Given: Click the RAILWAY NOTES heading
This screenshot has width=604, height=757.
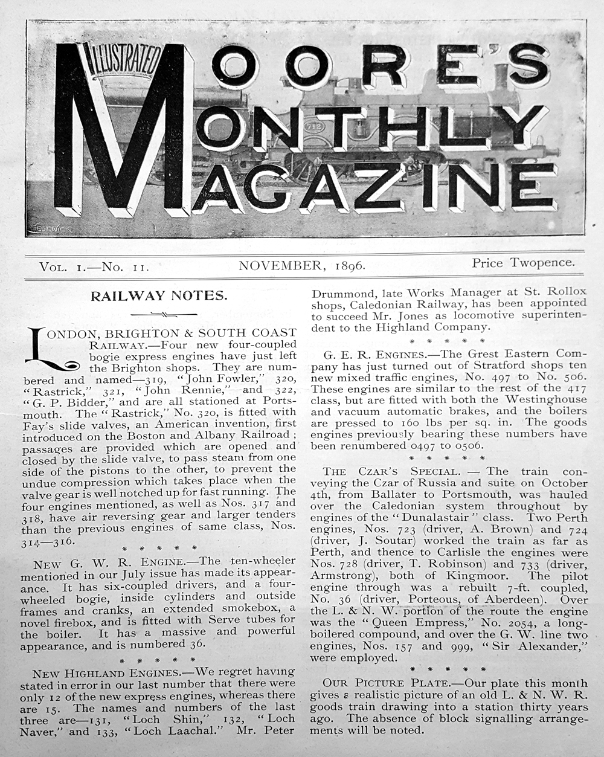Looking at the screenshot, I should pos(159,296).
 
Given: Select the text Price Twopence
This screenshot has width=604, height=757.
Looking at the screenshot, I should pos(524,262).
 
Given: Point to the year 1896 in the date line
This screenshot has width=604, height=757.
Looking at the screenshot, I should pos(348,265).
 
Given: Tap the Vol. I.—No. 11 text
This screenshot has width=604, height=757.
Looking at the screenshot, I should pos(94,266).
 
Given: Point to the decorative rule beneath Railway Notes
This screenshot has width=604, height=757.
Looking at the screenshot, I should pos(159,314).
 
